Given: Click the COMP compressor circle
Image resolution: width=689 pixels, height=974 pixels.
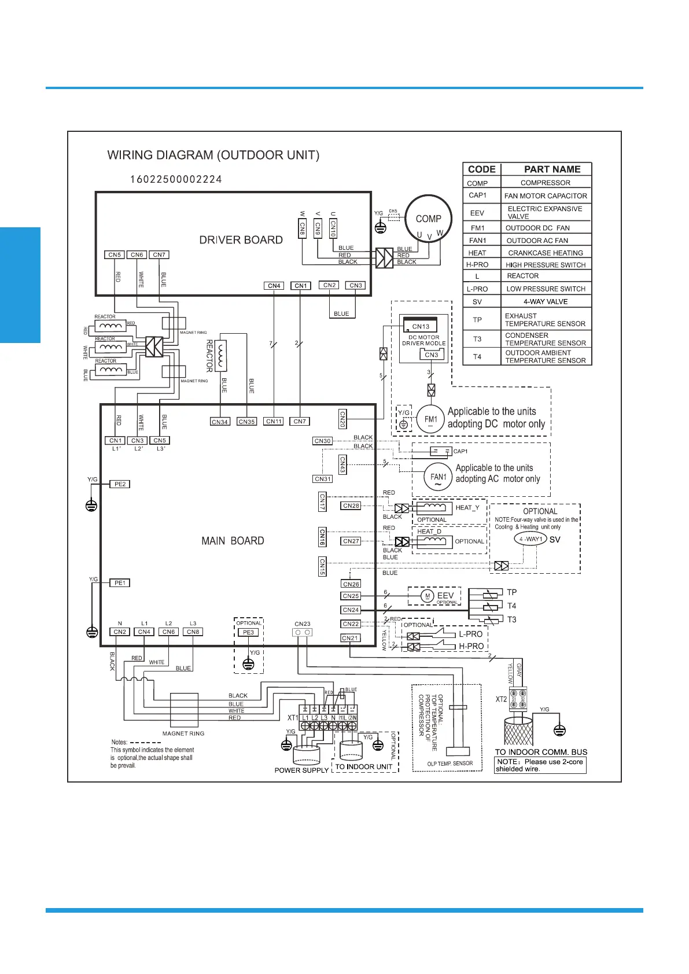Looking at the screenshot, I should click(x=428, y=219).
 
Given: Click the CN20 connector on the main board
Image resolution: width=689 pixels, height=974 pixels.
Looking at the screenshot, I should click(x=342, y=419).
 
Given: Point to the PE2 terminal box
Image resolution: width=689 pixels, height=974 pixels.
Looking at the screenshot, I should click(x=120, y=484).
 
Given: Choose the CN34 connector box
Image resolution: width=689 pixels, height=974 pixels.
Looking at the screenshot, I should click(x=220, y=422).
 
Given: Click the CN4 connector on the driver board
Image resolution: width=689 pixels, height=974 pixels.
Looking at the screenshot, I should click(x=274, y=286).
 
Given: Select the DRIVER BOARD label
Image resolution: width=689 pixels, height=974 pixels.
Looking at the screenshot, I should click(x=241, y=240).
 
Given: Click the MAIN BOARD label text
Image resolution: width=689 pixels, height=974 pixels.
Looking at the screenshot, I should click(x=233, y=541).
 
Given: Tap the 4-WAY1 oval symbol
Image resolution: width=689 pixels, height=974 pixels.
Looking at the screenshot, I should click(x=530, y=539).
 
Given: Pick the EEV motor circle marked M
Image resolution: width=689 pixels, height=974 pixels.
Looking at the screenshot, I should click(x=428, y=596).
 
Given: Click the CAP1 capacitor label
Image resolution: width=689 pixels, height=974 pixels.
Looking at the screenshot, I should click(x=460, y=451).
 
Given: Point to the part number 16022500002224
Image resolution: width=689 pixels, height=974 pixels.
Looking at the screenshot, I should click(x=176, y=179).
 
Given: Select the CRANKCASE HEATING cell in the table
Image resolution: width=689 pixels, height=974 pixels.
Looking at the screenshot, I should click(x=546, y=253).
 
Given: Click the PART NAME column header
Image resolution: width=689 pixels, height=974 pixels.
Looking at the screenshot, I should click(x=552, y=169).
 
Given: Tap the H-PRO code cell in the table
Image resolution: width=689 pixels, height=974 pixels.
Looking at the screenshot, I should click(x=477, y=265).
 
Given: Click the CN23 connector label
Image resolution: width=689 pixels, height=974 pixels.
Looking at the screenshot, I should click(x=303, y=624).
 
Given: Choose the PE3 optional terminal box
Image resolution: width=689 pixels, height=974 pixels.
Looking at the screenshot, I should click(x=248, y=632).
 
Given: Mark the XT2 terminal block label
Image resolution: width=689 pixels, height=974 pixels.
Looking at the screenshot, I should click(x=501, y=699).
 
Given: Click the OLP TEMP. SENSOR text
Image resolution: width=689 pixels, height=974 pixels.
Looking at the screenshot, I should click(x=450, y=763).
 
